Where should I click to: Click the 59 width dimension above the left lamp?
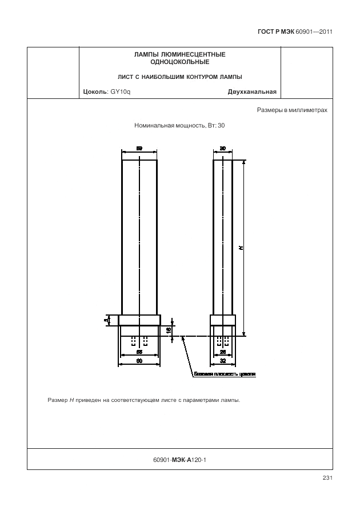point(139,148)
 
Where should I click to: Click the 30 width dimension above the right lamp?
point(223,148)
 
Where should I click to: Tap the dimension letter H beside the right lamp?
point(241,248)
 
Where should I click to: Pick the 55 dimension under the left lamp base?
point(139,352)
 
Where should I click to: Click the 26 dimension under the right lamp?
point(223,352)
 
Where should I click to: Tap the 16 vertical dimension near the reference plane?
point(169,330)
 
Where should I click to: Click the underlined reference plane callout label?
point(225,375)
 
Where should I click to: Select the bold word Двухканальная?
point(252,91)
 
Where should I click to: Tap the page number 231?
point(327,478)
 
